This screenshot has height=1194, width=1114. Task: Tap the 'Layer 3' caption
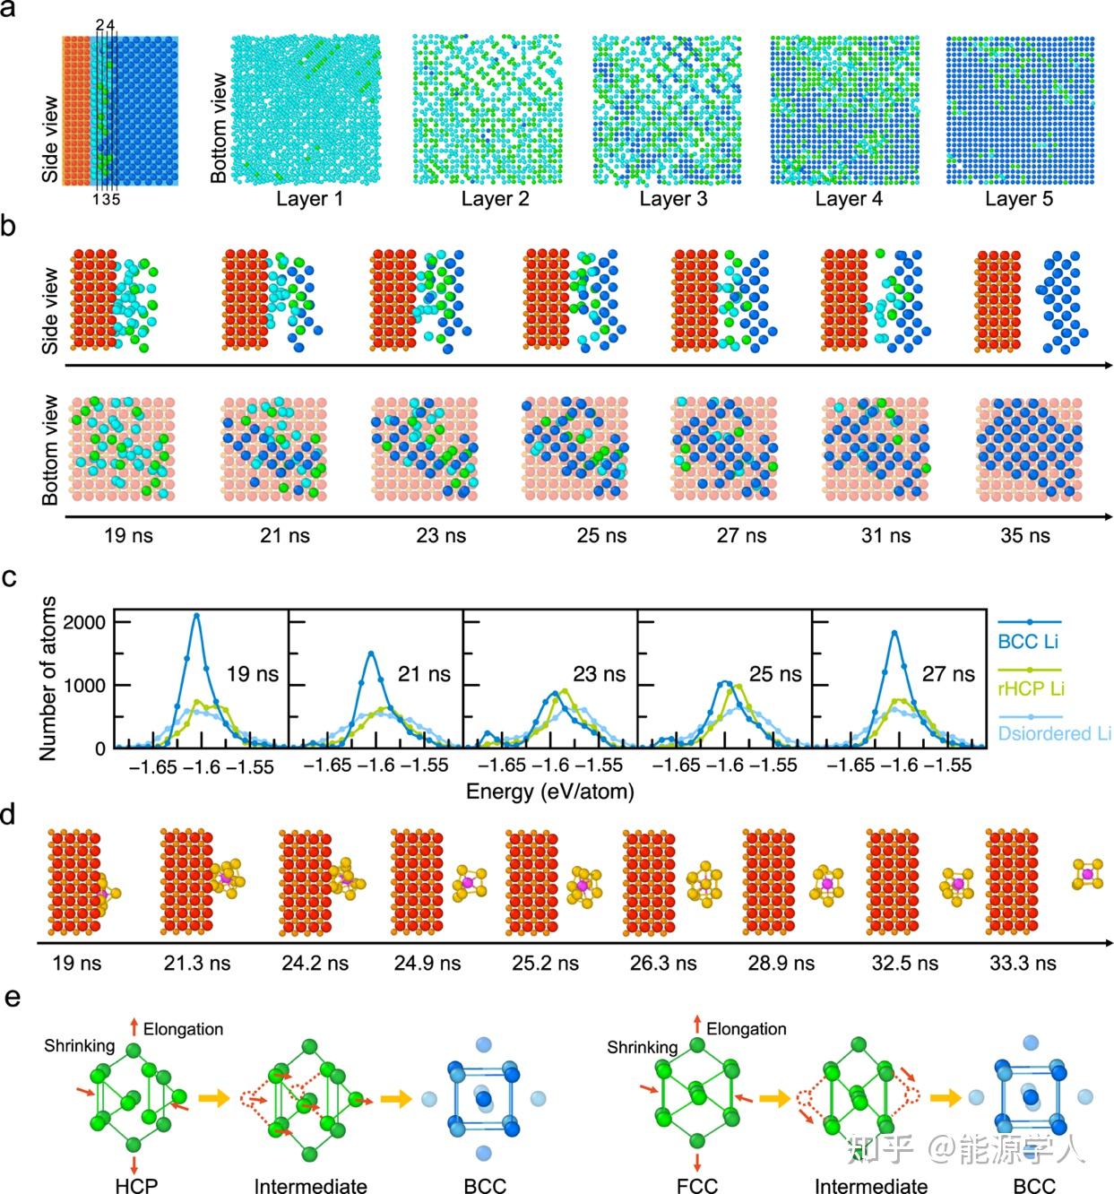coord(673,198)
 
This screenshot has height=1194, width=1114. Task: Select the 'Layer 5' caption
coord(1019,198)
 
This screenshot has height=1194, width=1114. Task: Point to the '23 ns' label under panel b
coord(440,536)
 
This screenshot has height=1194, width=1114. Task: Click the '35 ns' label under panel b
coord(1025,536)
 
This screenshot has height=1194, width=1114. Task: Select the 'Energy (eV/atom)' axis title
coord(550,791)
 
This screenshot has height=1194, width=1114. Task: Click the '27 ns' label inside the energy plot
coord(947,673)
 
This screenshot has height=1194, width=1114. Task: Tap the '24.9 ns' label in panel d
coord(427,964)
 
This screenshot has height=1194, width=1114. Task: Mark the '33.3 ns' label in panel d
coord(1023,964)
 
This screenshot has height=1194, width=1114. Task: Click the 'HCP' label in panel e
coord(135,1185)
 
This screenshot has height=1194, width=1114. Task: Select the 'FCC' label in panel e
coord(696,1185)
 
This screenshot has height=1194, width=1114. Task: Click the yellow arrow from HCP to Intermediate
coord(213,1099)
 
